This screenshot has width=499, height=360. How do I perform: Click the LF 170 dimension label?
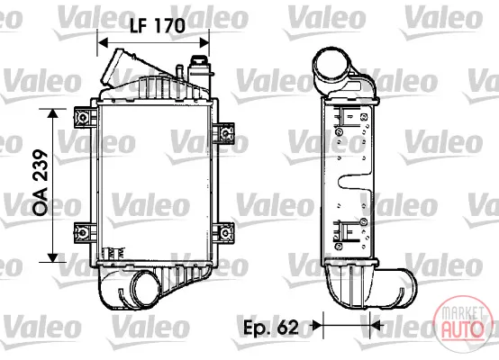coord(158,25)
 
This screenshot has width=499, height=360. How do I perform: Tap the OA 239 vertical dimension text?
coord(41,183)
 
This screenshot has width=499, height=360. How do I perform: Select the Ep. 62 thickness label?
coord(271,327)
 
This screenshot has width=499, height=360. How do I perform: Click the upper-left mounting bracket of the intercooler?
coord(84,117)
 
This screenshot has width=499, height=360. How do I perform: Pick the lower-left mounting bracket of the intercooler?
coord(84,233)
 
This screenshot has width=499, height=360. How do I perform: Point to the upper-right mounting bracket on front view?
coord(224,132)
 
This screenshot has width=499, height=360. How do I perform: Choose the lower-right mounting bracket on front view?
coord(224,233)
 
